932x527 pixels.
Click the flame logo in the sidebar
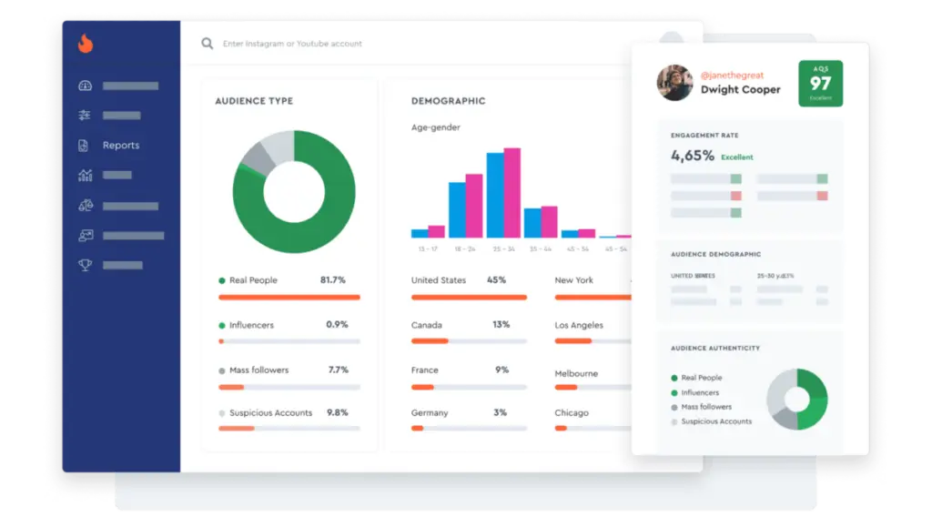(x=86, y=43)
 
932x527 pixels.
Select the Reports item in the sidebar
(x=120, y=146)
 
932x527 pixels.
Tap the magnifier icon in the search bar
(x=208, y=44)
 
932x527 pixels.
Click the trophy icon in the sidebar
(x=86, y=265)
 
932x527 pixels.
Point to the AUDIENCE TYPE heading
(x=254, y=101)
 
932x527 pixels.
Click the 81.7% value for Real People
(x=333, y=280)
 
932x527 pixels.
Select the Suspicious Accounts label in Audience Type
(x=270, y=413)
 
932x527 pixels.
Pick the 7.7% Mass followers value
(x=339, y=370)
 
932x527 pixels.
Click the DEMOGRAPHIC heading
(x=448, y=101)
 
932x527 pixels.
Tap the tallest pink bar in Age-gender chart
(x=512, y=192)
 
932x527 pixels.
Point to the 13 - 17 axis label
(x=428, y=248)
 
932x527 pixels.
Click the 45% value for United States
(x=497, y=280)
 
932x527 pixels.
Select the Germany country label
(x=430, y=413)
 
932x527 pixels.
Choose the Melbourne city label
(x=576, y=374)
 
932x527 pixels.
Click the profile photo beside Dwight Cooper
(x=674, y=83)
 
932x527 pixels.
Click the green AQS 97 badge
(x=820, y=84)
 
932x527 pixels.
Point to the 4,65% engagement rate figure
(x=693, y=156)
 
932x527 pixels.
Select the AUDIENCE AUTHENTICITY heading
(x=715, y=349)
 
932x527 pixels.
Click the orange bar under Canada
(x=430, y=340)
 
